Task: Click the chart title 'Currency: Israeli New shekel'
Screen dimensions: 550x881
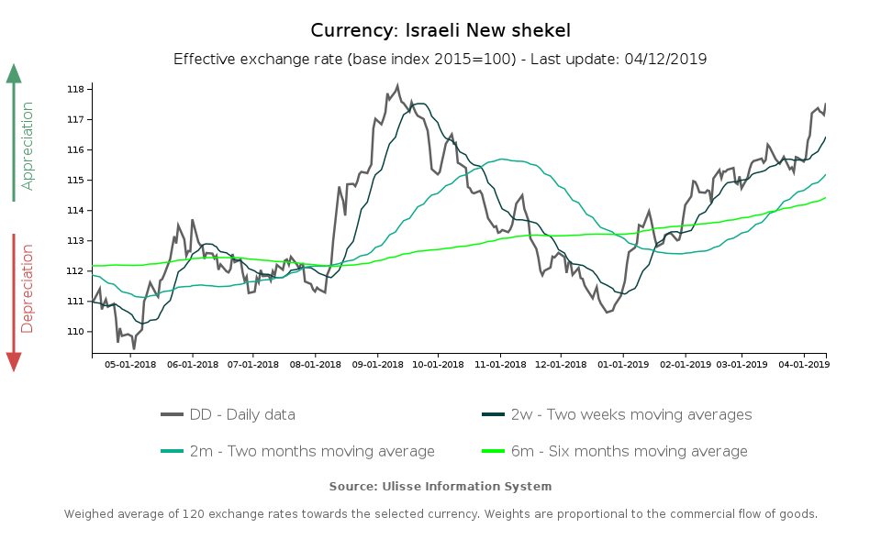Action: (x=440, y=30)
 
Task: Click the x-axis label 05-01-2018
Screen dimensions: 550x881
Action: (x=129, y=364)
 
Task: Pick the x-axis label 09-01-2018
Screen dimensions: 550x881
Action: (x=377, y=364)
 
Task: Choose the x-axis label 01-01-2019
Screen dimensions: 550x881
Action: (x=623, y=364)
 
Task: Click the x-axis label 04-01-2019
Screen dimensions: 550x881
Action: (x=804, y=364)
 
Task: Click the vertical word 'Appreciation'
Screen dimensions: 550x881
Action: (x=28, y=146)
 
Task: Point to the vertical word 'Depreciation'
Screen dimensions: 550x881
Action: (x=28, y=288)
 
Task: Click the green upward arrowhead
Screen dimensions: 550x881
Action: (x=14, y=73)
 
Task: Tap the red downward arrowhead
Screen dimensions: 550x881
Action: (x=14, y=362)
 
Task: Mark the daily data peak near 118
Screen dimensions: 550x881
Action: (x=397, y=85)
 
